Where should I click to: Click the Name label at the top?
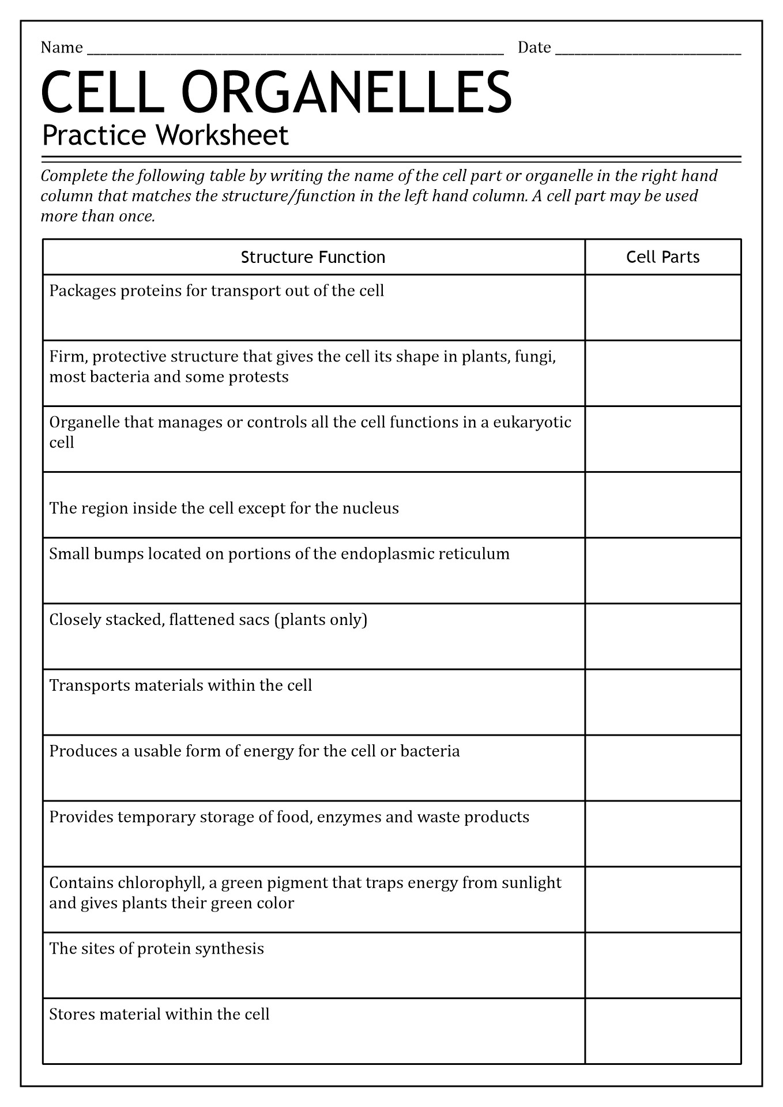coord(62,47)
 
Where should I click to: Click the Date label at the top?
coord(534,47)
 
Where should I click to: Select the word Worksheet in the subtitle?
coord(222,136)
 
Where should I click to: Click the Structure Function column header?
coord(313,257)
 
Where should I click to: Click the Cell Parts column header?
coord(662,257)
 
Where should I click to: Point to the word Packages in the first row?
coord(82,291)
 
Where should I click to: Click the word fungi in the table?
coord(535,357)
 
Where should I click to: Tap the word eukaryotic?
coord(532,423)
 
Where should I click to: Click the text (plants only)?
coord(321,620)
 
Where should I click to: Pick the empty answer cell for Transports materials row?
coord(662,702)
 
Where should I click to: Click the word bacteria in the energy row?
coord(430,751)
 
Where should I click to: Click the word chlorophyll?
coord(160,883)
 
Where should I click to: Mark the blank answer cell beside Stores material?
coord(662,1031)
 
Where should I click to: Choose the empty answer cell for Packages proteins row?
coord(662,307)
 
